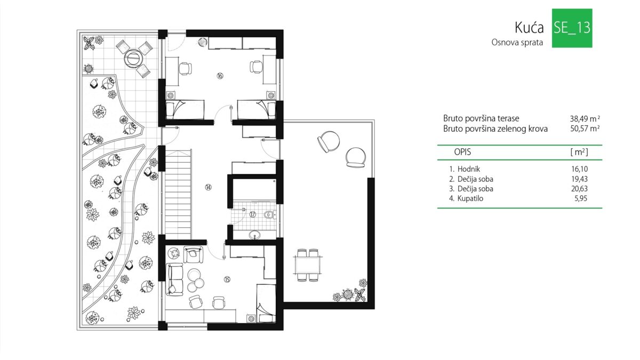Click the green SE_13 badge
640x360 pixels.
(572, 28)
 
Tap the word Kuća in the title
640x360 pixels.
(529, 28)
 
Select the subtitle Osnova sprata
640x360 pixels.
(517, 43)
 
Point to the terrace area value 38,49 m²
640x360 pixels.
(585, 118)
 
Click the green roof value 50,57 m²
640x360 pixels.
(585, 129)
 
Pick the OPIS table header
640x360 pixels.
(462, 152)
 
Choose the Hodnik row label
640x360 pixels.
(469, 169)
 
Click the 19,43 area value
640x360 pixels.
(579, 179)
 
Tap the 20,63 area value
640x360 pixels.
(579, 189)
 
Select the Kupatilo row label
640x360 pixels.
(470, 198)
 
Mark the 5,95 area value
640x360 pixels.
(581, 198)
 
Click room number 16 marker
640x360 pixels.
(220, 76)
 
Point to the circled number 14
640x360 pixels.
(209, 187)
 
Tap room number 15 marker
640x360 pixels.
(227, 279)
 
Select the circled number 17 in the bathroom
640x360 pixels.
(253, 214)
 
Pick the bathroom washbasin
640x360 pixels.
(254, 235)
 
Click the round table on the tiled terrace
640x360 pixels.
(133, 58)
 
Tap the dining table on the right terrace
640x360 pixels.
(307, 265)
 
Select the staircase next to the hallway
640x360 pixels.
(178, 194)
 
